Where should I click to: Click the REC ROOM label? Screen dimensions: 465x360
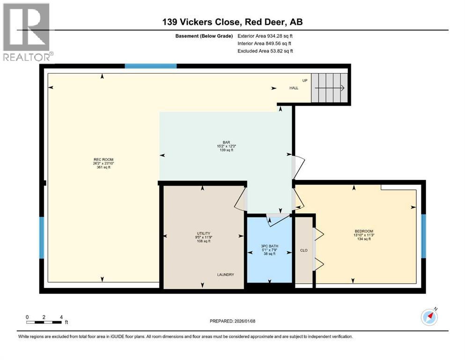pos(103,160)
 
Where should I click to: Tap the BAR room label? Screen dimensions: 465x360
pos(227,142)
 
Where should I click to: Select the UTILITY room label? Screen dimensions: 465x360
pos(204,233)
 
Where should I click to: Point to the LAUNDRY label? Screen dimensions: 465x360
pos(226,275)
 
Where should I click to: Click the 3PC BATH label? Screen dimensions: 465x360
pos(270,246)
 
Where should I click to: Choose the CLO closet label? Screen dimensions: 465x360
pos(304,250)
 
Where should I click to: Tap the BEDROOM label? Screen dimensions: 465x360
pos(364,231)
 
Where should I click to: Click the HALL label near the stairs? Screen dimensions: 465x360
pos(294,88)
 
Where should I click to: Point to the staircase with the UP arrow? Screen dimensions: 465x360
pos(329,88)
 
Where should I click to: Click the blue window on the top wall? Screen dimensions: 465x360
pos(151,66)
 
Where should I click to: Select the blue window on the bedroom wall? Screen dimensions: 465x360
pos(423,236)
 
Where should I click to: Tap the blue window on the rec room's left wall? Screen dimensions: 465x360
pos(42,238)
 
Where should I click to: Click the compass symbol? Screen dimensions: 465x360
pos(429,317)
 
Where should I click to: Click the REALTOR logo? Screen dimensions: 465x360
pos(27,32)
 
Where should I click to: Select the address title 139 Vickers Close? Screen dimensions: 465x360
pos(201,22)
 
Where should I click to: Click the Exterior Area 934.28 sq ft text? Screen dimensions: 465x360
pos(265,36)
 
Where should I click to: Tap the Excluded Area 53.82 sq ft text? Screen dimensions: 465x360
pos(266,51)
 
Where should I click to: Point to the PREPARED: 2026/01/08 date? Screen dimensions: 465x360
pos(232,321)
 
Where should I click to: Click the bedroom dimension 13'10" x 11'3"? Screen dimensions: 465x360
pos(364,235)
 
